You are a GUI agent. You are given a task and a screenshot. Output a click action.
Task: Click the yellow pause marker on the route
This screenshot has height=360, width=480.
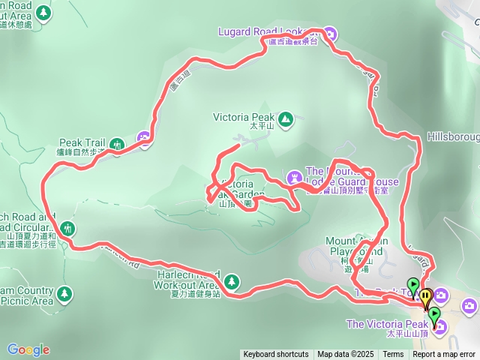point(426,295)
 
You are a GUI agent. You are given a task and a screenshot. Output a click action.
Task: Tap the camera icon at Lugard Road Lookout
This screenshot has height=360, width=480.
point(331,32)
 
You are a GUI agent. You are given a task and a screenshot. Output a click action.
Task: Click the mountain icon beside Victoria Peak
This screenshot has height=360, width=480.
point(285,118)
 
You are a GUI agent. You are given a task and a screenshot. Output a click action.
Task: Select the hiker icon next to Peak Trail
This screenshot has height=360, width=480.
point(116,143)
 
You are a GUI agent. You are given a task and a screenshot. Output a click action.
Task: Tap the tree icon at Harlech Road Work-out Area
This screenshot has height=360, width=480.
point(232,280)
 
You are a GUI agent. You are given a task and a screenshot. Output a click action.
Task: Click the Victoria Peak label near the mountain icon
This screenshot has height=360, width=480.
point(244,118)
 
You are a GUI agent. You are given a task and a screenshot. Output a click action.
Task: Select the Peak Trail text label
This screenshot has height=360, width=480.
point(82,142)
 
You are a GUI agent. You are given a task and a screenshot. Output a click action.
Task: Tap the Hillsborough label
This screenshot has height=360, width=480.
point(453,138)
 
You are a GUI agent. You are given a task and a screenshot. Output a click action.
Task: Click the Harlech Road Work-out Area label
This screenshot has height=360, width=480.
point(187,280)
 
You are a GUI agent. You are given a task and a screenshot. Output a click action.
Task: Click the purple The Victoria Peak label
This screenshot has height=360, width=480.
point(385,324)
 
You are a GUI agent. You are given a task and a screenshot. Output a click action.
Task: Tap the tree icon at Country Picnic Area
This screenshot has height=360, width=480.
point(64,291)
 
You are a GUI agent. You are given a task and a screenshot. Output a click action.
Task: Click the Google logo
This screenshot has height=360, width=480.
point(28,349)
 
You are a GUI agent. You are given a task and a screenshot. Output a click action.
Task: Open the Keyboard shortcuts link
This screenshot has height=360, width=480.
point(275,355)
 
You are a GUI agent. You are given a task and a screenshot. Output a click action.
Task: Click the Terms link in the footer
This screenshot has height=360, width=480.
point(393,355)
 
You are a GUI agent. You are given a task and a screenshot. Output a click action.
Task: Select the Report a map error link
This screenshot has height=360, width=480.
point(444,355)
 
